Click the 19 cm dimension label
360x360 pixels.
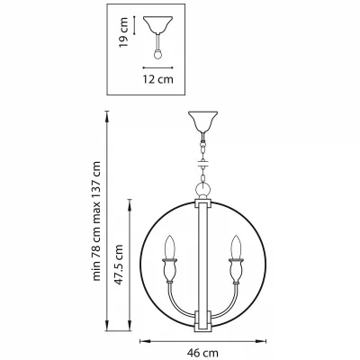[x=123, y=32]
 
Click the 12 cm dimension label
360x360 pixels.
[x=157, y=79]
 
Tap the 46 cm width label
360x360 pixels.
[x=202, y=353]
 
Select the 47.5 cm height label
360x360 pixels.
[x=119, y=265]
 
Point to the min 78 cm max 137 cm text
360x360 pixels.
[x=96, y=221]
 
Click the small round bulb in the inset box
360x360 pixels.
[x=157, y=54]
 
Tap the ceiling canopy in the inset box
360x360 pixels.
[x=157, y=24]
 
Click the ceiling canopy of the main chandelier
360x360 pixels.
[x=202, y=122]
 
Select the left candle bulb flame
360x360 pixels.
[x=170, y=247]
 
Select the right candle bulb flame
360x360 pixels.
[x=236, y=247]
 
